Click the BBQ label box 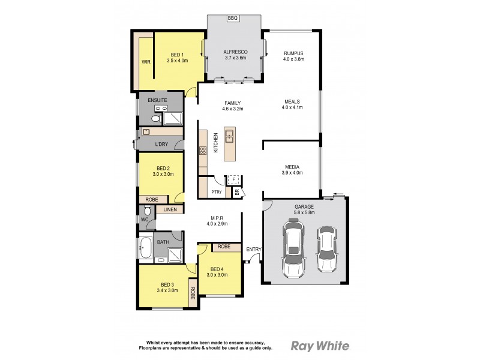tap(233, 19)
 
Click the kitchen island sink tap(229, 136)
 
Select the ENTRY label tap(253, 249)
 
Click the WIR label tap(146, 62)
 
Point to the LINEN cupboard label tap(170, 209)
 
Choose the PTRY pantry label tap(217, 192)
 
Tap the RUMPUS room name tap(293, 53)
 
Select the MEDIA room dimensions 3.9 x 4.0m tap(292, 173)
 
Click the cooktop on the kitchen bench tap(203, 151)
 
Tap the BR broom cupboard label tap(237, 193)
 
